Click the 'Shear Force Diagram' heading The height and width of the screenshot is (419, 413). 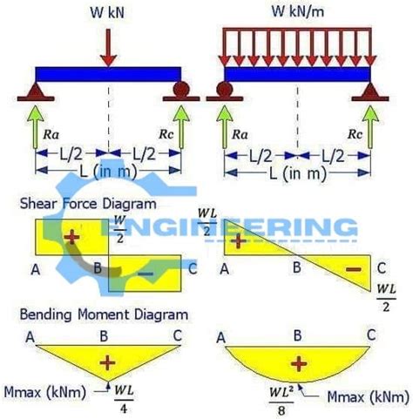coord(87,203)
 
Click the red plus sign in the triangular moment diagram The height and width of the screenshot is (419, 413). coord(108,360)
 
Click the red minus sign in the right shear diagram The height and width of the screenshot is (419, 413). coord(354,271)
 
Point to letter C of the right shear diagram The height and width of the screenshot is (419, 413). coord(380,268)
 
